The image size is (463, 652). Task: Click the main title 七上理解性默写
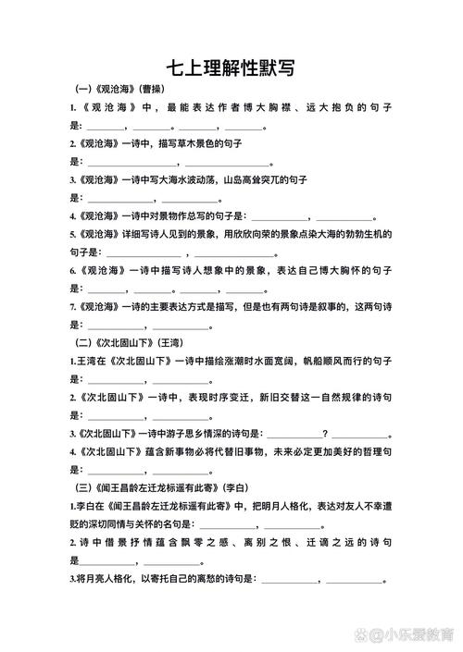point(231,67)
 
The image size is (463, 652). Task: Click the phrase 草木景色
point(205,144)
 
